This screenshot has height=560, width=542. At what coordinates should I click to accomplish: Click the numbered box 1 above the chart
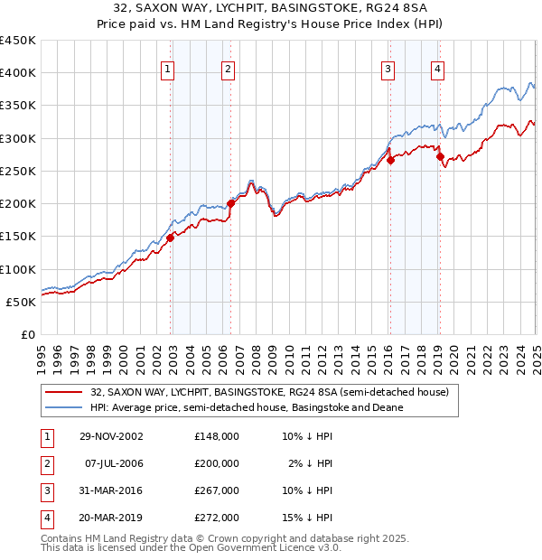169,70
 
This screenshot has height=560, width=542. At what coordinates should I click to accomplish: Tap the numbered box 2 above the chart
228,70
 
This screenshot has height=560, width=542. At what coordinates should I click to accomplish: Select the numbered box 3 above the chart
388,70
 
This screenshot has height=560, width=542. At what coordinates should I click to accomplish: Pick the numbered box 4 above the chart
437,70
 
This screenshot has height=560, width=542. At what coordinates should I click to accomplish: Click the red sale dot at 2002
171,238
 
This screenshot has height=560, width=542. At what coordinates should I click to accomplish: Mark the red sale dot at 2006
230,203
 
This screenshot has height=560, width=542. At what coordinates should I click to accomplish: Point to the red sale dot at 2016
391,160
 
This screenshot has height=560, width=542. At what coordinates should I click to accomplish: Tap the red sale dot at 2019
440,156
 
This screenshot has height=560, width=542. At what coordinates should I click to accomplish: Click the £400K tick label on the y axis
18,73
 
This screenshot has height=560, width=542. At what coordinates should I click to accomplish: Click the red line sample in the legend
64,393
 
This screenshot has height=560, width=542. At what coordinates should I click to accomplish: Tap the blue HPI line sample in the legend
64,407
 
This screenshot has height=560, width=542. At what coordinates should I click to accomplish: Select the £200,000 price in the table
217,463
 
